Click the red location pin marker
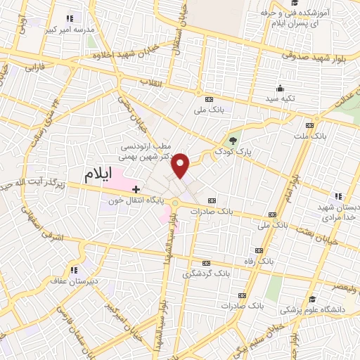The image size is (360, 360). (x=181, y=165)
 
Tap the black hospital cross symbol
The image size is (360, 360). (x=136, y=189)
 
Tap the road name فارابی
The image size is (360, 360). (x=35, y=69)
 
